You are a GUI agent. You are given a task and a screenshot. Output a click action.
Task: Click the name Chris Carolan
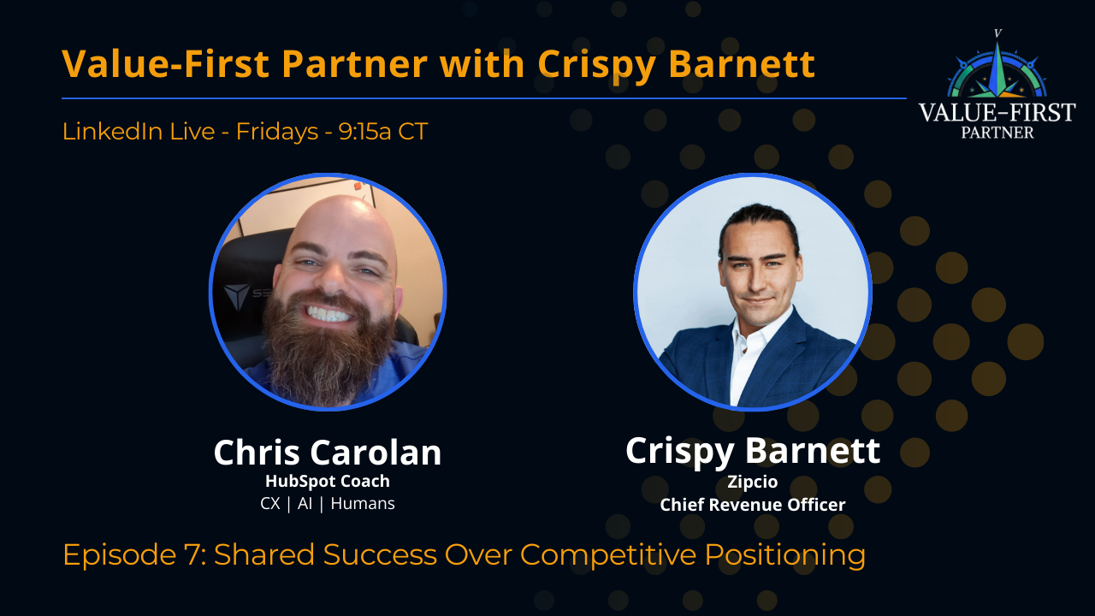coord(327,453)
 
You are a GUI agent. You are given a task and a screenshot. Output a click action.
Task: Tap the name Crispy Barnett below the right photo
coord(752,451)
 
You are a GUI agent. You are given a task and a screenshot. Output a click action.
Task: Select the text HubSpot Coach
coord(327,481)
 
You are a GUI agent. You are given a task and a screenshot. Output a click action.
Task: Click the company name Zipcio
coord(752,482)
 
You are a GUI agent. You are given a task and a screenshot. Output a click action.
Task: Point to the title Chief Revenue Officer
coord(752,505)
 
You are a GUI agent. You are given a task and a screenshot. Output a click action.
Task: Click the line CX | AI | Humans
coord(327,503)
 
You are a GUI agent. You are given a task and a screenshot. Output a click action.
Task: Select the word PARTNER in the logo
coord(997,133)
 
